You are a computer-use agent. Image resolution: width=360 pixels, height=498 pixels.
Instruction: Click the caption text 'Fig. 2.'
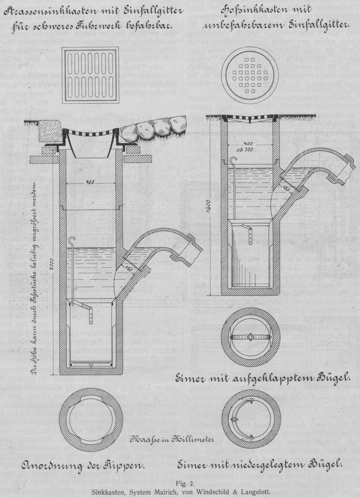tap(180, 483)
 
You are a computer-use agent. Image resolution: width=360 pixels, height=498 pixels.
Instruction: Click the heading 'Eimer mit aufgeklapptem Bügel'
tap(262, 379)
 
